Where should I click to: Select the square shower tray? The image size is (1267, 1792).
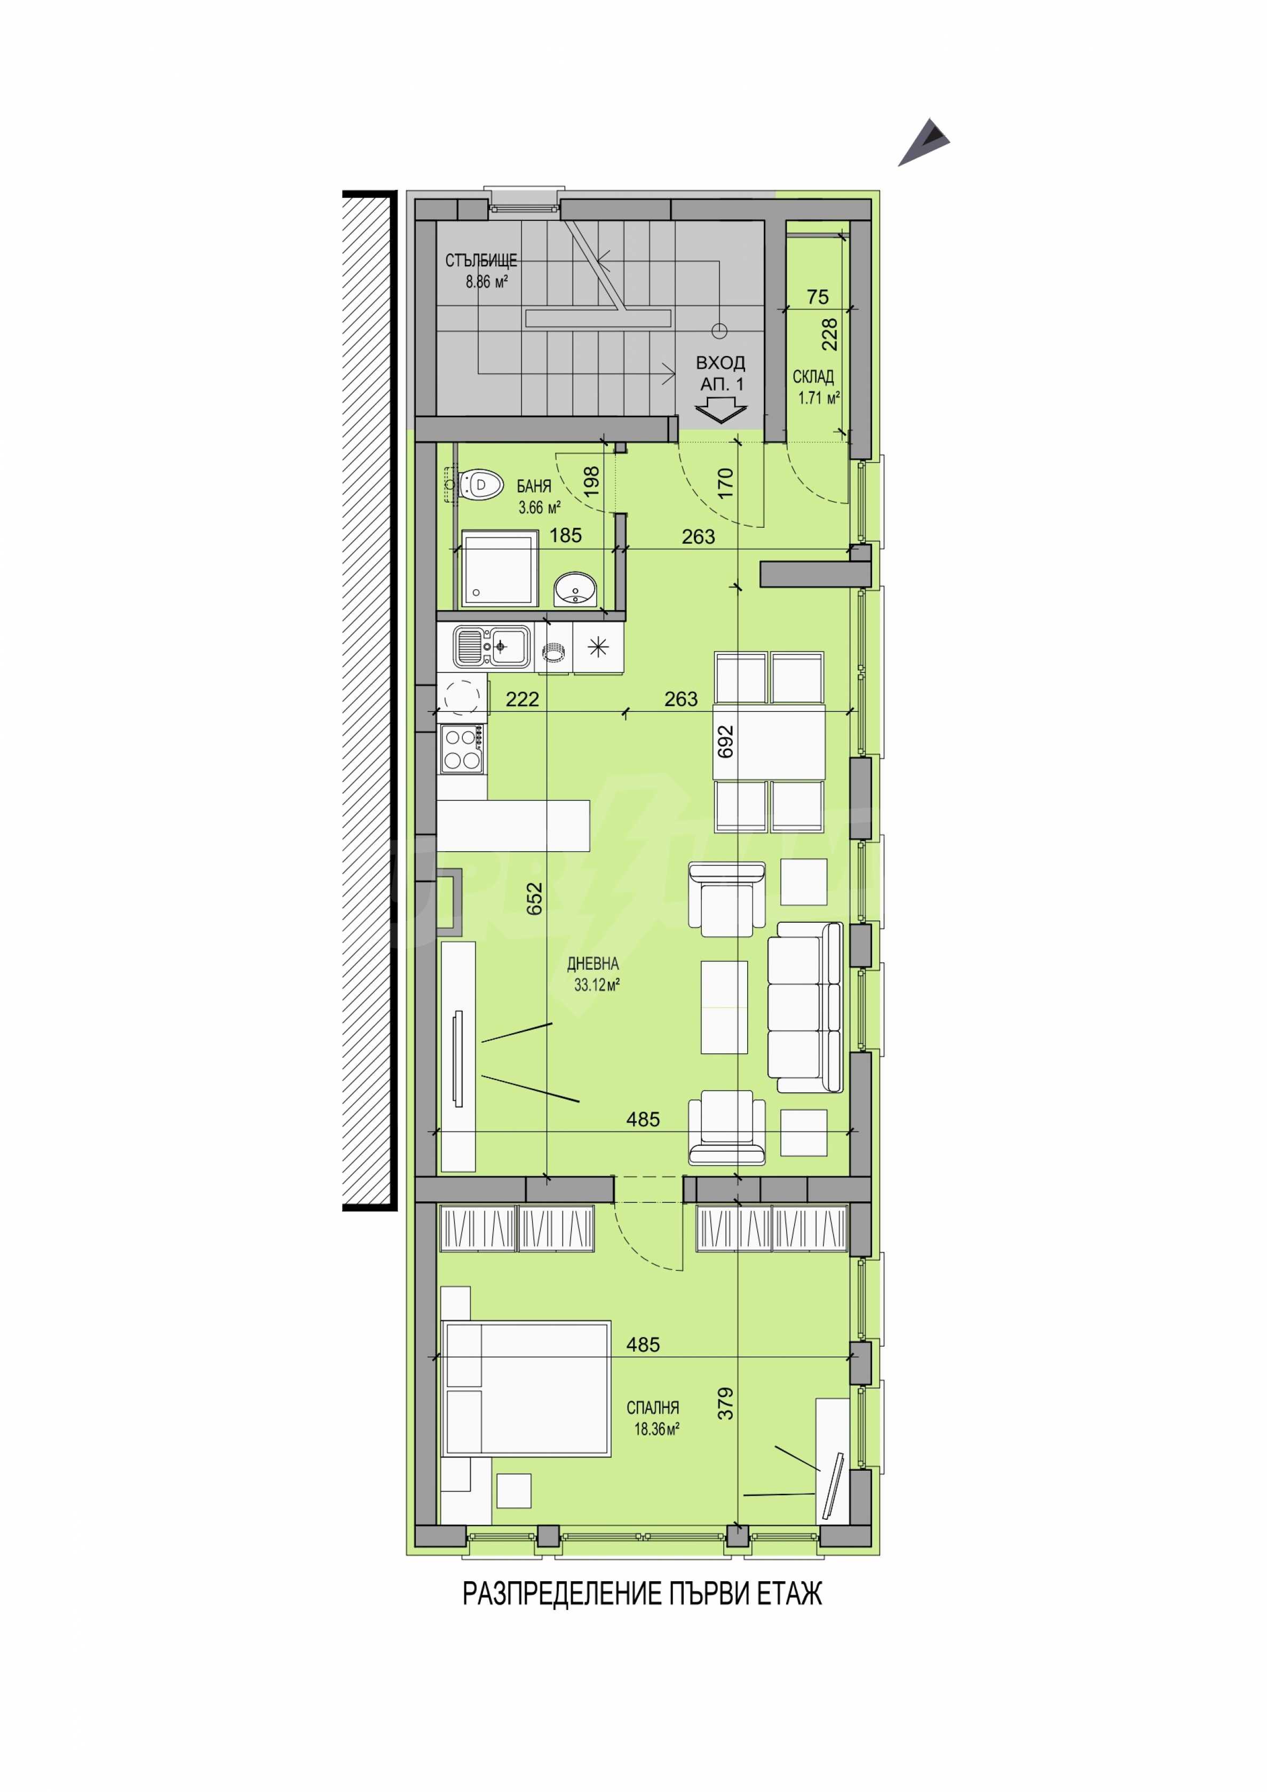pyautogui.click(x=500, y=568)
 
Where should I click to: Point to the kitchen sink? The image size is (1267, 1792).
pyautogui.click(x=492, y=647)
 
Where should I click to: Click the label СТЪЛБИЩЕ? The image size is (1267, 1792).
pyautogui.click(x=481, y=260)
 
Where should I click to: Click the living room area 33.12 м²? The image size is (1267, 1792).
pyautogui.click(x=597, y=985)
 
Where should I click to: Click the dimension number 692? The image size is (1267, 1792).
pyautogui.click(x=725, y=741)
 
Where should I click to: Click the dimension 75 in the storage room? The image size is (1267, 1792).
pyautogui.click(x=817, y=297)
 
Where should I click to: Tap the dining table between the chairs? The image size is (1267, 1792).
pyautogui.click(x=770, y=741)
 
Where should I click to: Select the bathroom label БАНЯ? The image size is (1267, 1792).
pyautogui.click(x=534, y=486)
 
